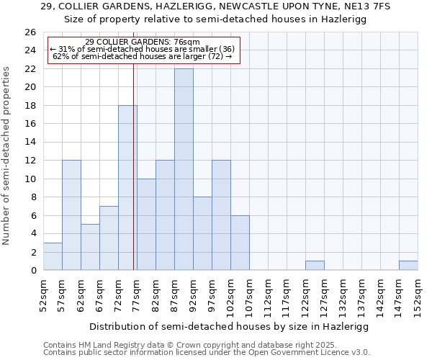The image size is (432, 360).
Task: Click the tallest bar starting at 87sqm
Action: [184, 169]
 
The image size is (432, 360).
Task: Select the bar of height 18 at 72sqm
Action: [127, 188]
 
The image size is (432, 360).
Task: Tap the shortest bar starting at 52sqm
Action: [53, 257]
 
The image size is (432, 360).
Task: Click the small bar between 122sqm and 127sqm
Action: [315, 266]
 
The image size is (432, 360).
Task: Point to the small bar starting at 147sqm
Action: [408, 266]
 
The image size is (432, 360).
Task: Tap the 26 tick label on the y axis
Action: [30, 32]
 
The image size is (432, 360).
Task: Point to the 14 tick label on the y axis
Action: [30, 142]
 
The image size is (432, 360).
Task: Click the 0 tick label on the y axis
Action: [33, 270]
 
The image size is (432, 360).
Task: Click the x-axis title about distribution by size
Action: [230, 327]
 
